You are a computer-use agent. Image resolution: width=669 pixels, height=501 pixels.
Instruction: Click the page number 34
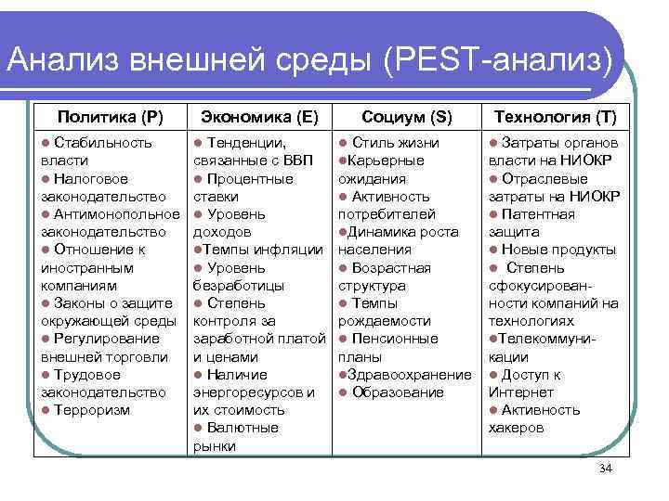click(x=606, y=470)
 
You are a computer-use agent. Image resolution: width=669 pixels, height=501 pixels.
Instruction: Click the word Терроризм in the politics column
click(x=92, y=410)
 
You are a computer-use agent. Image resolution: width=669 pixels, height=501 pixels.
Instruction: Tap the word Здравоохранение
click(x=410, y=374)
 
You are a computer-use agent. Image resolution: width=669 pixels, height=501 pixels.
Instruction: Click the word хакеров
click(x=516, y=428)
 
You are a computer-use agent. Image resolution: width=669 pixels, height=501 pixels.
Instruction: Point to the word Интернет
click(x=518, y=392)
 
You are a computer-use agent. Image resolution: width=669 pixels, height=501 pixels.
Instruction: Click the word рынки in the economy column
click(x=214, y=446)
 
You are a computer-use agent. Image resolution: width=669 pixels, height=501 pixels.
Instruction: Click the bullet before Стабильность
click(x=46, y=144)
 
